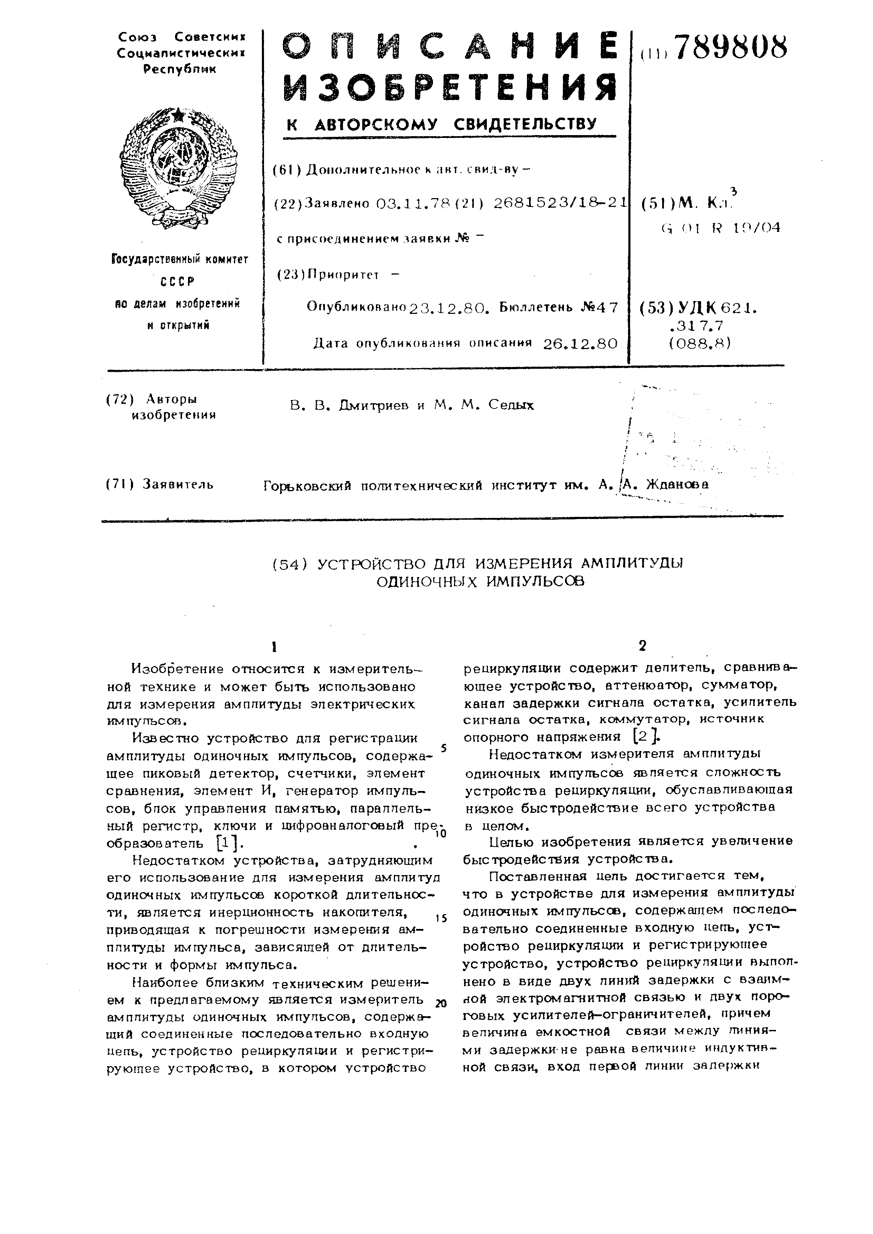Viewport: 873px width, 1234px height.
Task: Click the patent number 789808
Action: click(730, 47)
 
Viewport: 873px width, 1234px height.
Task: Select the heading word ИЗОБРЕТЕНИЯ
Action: click(450, 87)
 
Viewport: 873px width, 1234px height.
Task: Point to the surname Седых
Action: click(511, 406)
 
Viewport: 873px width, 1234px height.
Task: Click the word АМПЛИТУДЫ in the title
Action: click(632, 563)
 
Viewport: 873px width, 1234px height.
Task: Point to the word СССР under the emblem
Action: click(178, 281)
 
